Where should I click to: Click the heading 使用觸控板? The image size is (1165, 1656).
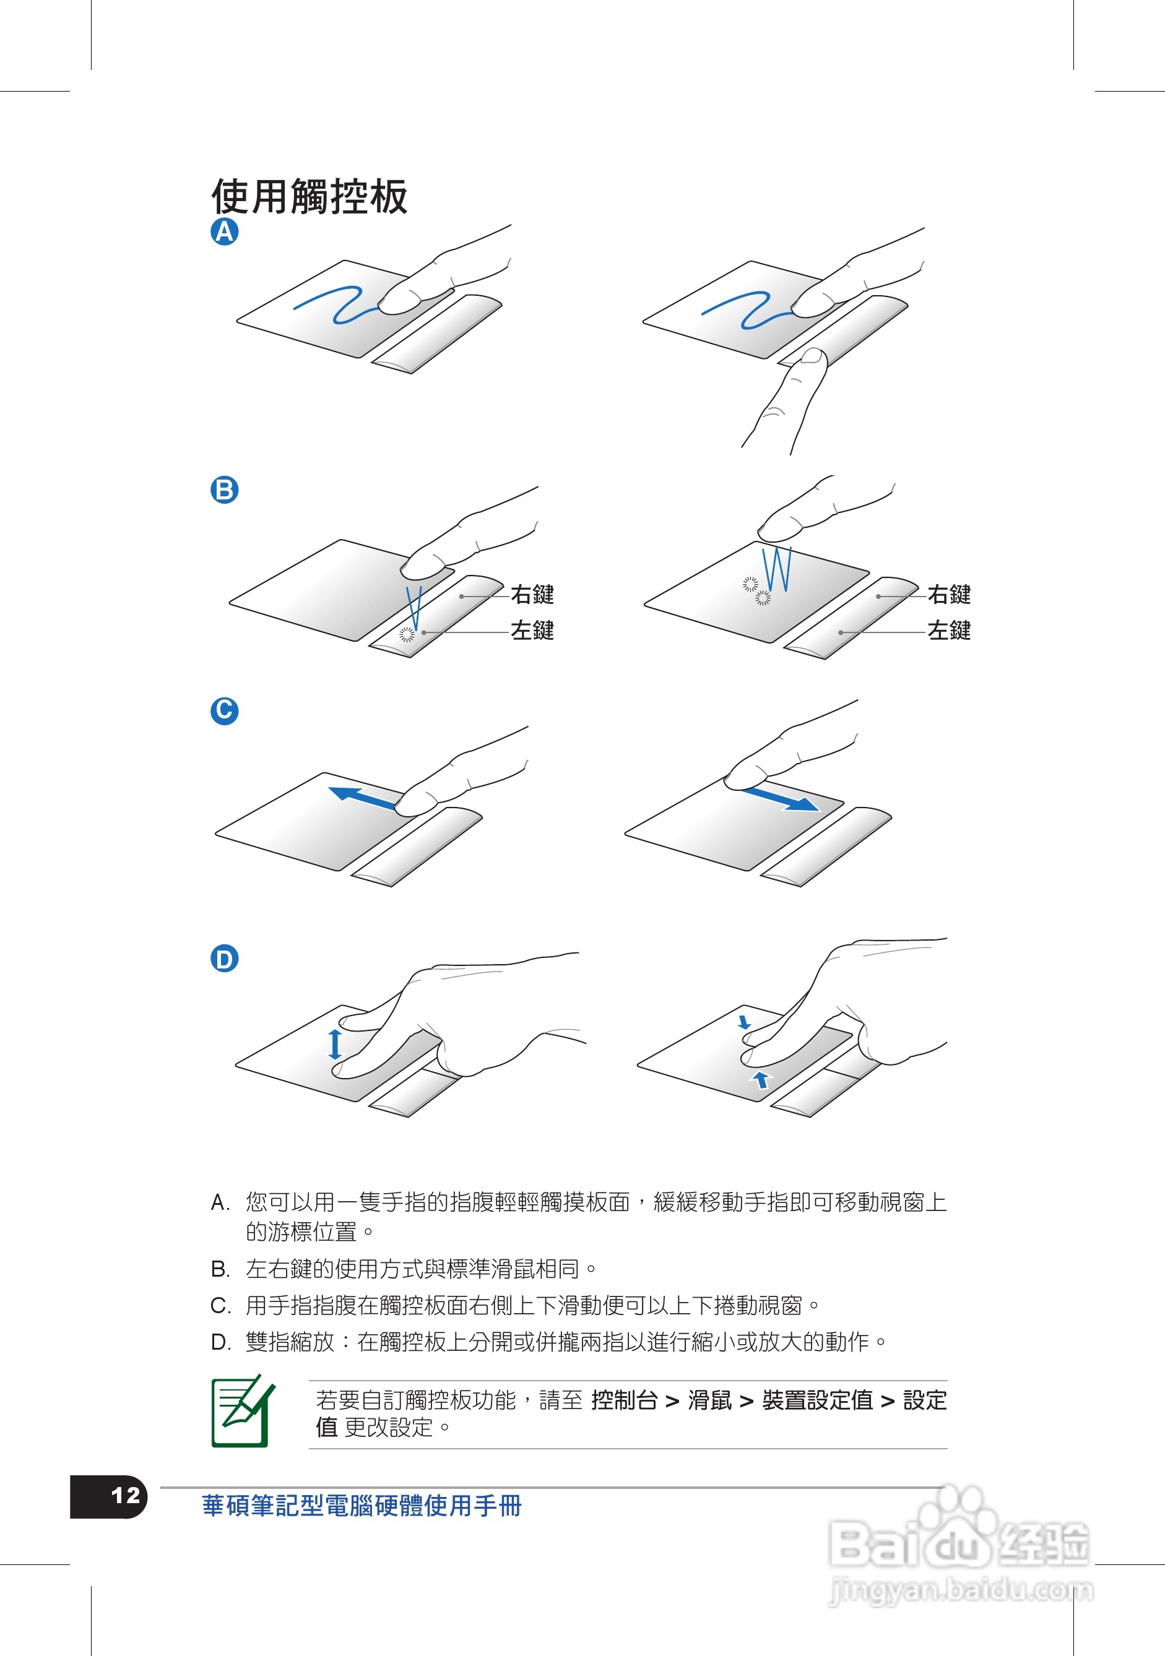(x=310, y=196)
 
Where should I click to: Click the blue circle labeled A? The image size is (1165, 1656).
(x=224, y=231)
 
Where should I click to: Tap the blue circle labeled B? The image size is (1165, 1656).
(x=224, y=489)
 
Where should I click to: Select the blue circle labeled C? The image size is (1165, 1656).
(x=224, y=710)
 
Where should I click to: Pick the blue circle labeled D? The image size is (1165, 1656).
(x=224, y=959)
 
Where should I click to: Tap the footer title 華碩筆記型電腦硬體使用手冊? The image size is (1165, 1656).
(x=362, y=1506)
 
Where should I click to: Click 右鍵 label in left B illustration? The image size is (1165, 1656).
(x=532, y=594)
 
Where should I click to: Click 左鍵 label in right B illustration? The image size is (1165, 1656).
(x=948, y=631)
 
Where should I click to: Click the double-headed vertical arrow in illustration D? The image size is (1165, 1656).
(x=335, y=1043)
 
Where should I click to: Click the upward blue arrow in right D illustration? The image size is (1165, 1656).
(x=761, y=1079)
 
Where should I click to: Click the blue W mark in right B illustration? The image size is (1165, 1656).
(x=777, y=569)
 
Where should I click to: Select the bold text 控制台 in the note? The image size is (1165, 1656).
(x=624, y=1400)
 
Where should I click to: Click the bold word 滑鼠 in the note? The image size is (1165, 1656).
(x=710, y=1400)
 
